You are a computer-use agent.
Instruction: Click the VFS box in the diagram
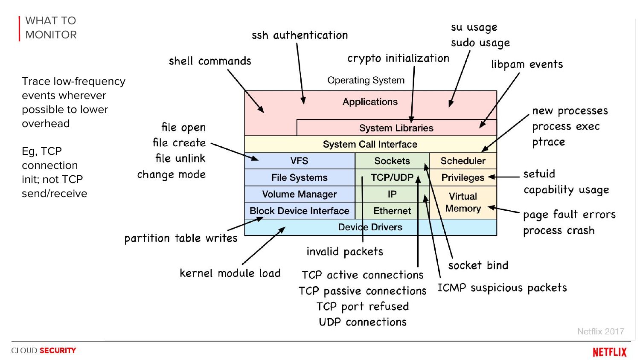299,161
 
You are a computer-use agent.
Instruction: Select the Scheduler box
463,161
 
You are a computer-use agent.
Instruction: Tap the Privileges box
463,177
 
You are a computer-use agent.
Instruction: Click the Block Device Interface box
299,211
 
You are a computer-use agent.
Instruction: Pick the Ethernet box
392,211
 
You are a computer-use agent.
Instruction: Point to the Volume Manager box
299,194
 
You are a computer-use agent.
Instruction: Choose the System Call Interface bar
370,144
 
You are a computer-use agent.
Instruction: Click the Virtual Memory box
463,202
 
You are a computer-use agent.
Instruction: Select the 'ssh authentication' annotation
300,35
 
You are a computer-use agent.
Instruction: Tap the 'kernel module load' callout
230,273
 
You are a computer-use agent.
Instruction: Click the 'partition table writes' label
180,238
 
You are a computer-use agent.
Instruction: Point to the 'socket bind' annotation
478,265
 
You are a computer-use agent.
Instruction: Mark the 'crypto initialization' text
398,58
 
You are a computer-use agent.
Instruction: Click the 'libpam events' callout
527,64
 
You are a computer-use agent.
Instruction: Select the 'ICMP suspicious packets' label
502,288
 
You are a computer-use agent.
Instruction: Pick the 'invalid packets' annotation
345,252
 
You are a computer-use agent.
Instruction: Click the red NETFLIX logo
609,352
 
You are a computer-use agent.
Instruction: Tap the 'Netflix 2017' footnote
600,331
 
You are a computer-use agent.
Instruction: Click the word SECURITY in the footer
58,351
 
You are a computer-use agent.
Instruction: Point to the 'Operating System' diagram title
366,80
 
